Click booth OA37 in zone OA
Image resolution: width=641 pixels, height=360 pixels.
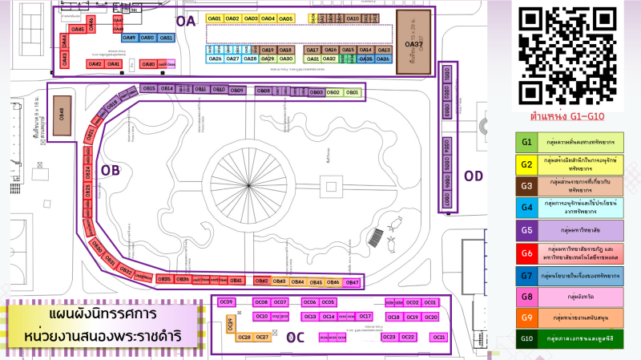(419, 43)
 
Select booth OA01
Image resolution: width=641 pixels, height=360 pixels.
(214, 18)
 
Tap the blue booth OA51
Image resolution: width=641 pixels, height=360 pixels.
(166, 38)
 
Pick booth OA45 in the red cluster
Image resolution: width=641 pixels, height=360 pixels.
(78, 30)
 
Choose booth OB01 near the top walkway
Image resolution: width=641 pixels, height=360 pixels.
(352, 92)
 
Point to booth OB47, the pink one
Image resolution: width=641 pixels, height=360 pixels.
(351, 282)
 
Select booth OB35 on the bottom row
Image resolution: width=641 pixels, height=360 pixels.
(163, 279)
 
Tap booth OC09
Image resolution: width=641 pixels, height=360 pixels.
(227, 302)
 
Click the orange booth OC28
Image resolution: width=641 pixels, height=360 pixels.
(244, 338)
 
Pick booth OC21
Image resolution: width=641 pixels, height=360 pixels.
(439, 338)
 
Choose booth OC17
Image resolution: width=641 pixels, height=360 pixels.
(365, 317)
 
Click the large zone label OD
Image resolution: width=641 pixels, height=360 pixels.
(474, 176)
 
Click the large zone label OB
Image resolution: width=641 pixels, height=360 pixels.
(111, 171)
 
